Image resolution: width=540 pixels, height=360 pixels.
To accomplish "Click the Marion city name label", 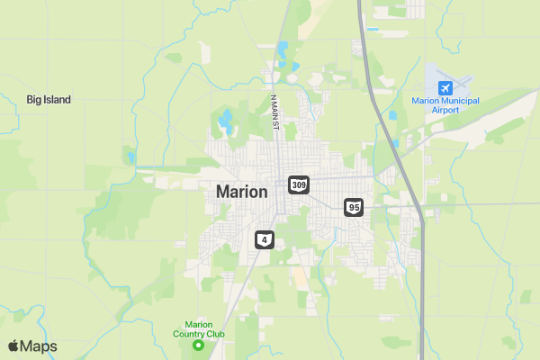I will (x=241, y=192).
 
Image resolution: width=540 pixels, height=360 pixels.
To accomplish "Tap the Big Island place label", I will (x=49, y=100).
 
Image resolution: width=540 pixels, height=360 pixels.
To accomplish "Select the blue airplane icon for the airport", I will (x=445, y=87).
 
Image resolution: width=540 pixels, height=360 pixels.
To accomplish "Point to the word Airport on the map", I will (x=445, y=110).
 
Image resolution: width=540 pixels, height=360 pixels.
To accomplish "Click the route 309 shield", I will (x=300, y=184).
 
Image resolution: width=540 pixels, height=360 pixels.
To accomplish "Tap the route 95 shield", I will (x=354, y=208).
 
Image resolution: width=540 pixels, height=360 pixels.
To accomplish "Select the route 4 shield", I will (x=264, y=239).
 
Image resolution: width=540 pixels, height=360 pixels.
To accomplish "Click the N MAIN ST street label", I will (x=274, y=112).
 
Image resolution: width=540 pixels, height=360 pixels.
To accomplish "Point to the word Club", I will (x=216, y=335).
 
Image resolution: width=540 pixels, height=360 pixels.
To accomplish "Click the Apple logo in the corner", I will (x=13, y=346).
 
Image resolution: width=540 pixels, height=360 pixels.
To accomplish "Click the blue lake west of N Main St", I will (x=224, y=118).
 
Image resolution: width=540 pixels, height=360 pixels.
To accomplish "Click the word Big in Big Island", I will (x=34, y=100).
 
